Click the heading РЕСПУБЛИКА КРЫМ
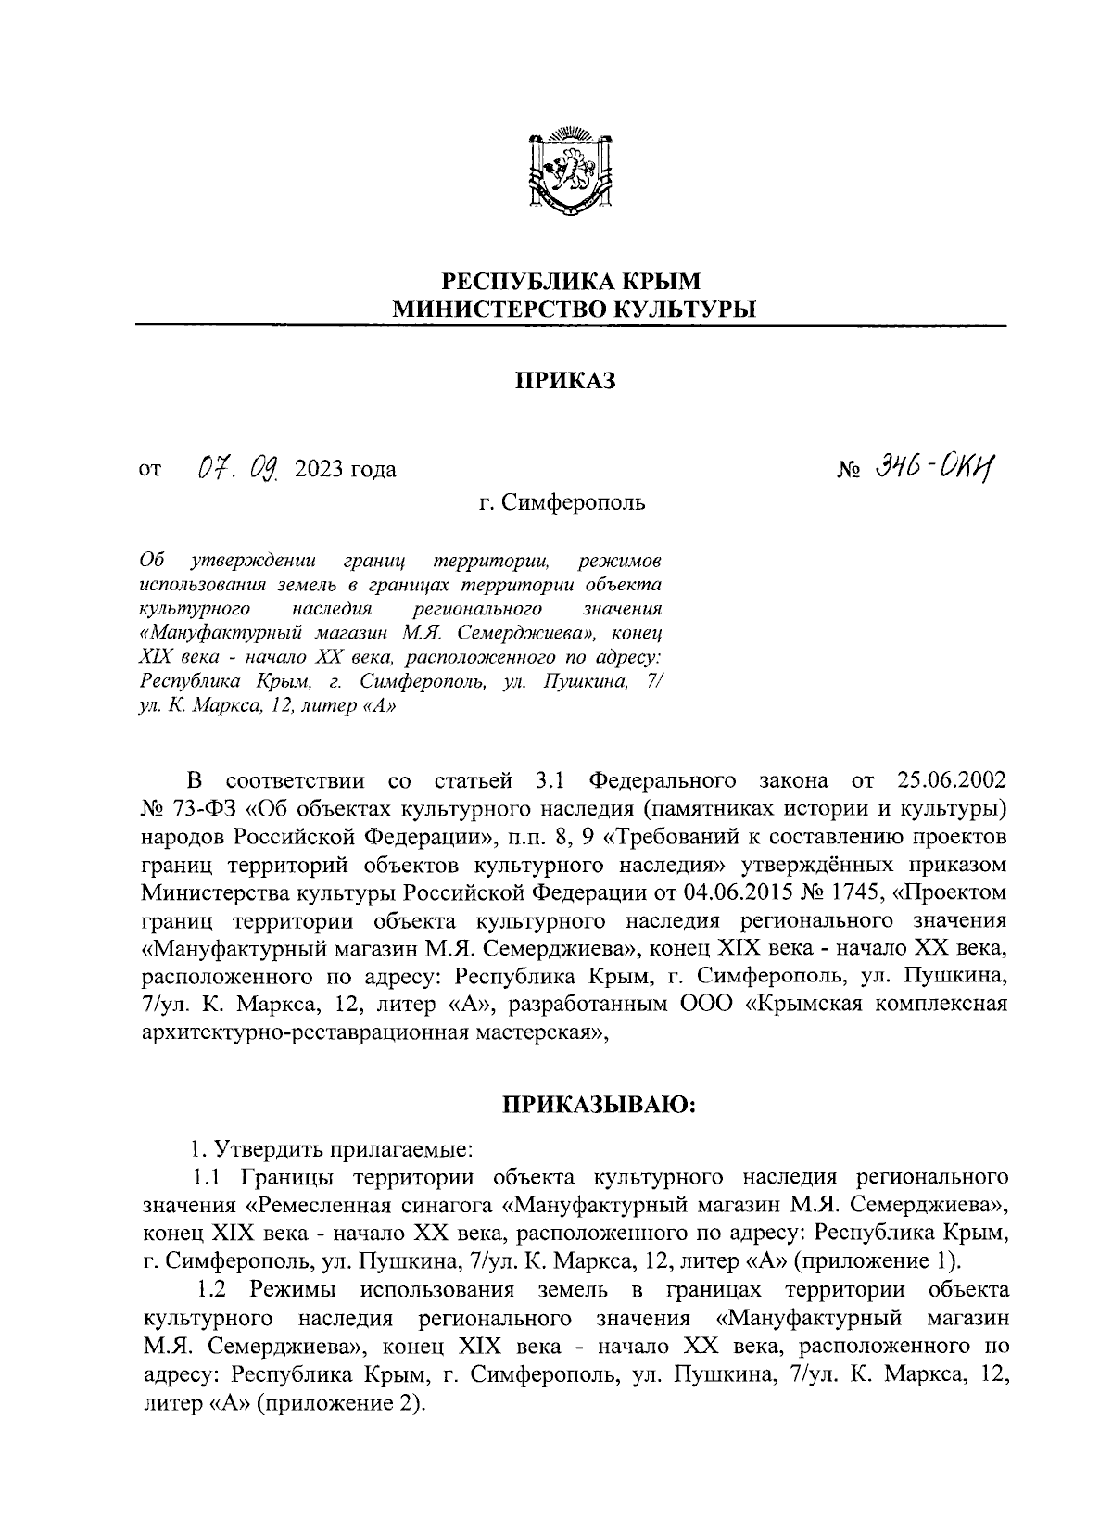click(570, 280)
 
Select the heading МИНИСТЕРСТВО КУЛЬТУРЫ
click(570, 309)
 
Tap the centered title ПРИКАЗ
click(565, 381)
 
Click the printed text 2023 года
click(345, 470)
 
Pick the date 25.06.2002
click(953, 776)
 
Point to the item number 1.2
click(215, 1290)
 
